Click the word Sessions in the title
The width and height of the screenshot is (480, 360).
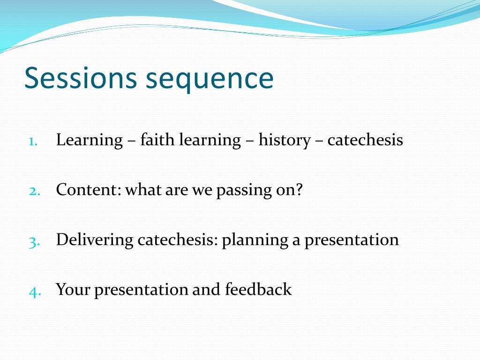81,78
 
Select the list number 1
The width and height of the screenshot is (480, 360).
33,142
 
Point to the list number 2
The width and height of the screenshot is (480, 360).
34,191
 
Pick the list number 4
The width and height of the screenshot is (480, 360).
35,292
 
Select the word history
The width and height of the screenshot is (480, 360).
285,141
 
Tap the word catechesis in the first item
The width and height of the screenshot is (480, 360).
365,140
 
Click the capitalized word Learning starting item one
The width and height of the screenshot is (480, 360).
90,141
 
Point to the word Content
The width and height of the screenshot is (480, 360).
86,189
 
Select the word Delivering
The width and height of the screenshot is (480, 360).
95,240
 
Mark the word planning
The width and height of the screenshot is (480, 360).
255,241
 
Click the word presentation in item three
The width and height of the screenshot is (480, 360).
352,240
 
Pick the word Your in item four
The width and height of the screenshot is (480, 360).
73,289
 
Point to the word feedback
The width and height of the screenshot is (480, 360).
258,289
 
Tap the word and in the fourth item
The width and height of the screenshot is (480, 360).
206,289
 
